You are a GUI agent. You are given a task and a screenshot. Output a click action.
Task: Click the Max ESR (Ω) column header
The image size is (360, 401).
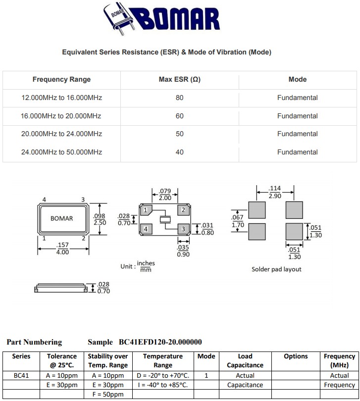click(x=179, y=79)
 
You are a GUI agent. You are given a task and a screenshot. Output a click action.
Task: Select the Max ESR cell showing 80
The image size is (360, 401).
click(x=179, y=98)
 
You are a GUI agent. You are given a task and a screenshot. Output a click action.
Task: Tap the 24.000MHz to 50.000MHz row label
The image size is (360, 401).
click(x=62, y=152)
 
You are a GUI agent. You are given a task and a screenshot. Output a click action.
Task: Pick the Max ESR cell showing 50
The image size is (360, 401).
click(x=179, y=134)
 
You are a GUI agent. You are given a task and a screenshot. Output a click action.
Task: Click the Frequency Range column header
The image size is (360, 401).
click(x=62, y=79)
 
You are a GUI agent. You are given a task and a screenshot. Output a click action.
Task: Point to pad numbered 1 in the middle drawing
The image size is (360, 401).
click(x=145, y=211)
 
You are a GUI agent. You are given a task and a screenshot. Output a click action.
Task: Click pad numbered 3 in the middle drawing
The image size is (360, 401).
click(x=183, y=229)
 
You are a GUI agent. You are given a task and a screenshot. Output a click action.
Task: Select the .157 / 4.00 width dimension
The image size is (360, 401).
click(x=62, y=249)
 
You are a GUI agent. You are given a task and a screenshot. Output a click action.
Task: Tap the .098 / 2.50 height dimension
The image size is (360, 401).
click(x=100, y=219)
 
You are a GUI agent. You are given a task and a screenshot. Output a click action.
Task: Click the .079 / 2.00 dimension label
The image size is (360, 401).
click(x=165, y=194)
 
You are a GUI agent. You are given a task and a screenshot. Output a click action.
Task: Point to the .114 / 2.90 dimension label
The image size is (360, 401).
click(x=275, y=192)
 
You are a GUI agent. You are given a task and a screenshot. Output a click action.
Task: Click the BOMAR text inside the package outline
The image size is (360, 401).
click(x=62, y=218)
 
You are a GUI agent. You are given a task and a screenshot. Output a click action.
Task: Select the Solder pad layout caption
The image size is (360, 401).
click(x=276, y=269)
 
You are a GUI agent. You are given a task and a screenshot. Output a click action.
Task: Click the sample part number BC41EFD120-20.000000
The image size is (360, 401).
click(x=160, y=342)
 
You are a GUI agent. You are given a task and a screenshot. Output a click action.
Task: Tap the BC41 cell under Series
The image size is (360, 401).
click(x=21, y=375)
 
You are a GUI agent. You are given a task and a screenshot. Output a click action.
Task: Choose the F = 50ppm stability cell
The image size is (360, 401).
click(x=107, y=394)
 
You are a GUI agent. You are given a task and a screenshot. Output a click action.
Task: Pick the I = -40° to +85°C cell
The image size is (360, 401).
click(x=163, y=385)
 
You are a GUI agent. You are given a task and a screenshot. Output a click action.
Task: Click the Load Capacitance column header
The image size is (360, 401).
click(x=245, y=360)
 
